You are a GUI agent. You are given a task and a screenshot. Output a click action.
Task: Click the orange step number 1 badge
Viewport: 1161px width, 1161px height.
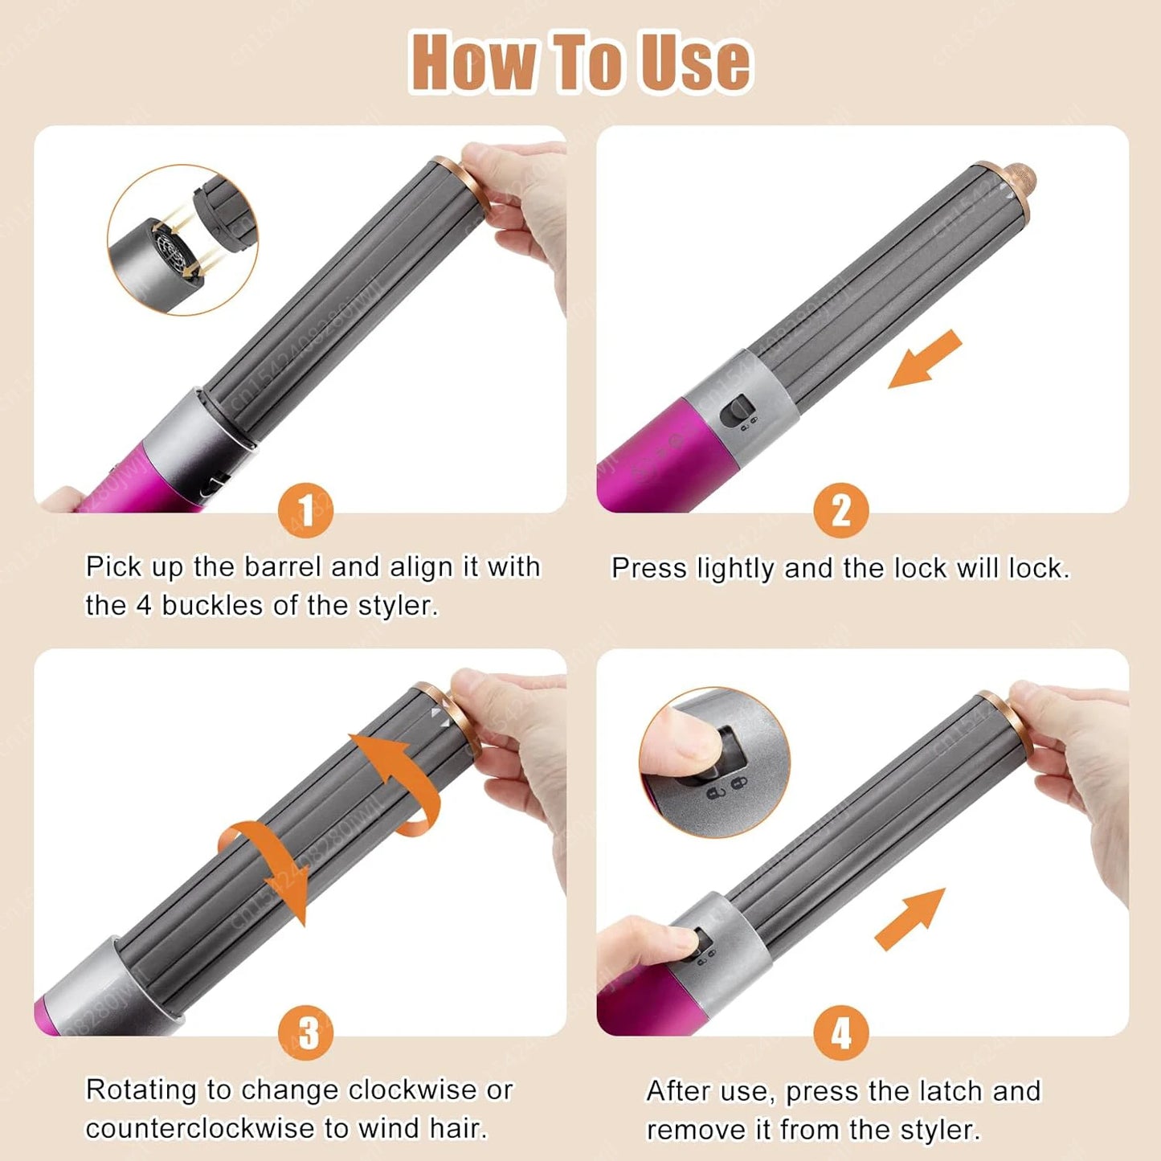coord(306,510)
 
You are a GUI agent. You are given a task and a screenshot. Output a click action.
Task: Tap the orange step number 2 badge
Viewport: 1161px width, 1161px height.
coord(840,510)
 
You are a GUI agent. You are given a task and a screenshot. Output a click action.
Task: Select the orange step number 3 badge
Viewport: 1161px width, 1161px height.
coord(306,1033)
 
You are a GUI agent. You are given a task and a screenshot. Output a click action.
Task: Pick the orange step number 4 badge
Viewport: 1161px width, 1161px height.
coord(840,1033)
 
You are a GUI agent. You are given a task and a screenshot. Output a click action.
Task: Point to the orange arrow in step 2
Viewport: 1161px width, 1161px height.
coord(924,359)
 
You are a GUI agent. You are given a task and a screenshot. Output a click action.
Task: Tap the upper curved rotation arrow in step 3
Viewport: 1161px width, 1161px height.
coord(398,779)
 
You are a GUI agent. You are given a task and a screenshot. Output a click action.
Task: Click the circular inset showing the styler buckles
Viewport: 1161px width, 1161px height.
coord(182,239)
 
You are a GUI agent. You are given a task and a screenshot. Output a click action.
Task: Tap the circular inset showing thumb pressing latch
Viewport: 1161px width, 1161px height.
coord(714,762)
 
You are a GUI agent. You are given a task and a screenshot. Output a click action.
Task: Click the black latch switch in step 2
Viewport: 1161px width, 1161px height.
coord(736,412)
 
